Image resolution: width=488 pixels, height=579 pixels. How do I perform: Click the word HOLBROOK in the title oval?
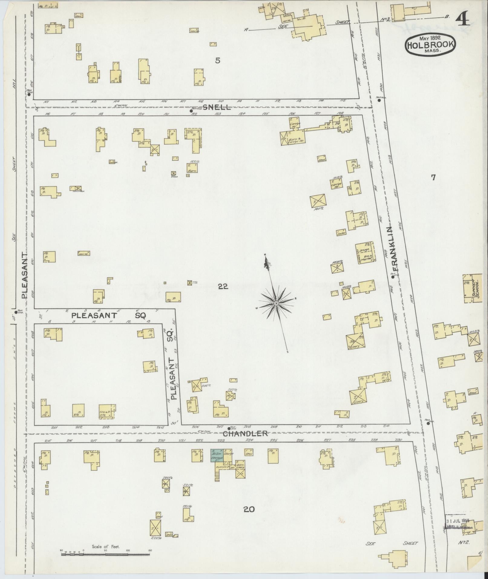[x=430, y=45]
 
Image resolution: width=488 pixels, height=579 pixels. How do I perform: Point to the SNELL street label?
[x=216, y=107]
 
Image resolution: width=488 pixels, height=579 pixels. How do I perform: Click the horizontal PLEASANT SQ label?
[x=109, y=315]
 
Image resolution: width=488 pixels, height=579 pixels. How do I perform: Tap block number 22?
[x=223, y=286]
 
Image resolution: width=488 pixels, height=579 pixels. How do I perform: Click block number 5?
[x=218, y=61]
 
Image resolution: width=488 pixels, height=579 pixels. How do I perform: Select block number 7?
[x=433, y=178]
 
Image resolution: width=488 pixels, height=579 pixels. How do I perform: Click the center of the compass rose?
[x=276, y=303]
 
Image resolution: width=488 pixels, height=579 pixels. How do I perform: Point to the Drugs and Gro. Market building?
[x=364, y=253]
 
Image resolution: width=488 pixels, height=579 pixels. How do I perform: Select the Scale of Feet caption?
[x=106, y=547]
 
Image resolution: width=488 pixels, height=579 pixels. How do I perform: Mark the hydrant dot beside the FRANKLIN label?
[x=393, y=277]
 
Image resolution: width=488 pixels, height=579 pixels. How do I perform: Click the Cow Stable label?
[x=78, y=191]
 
